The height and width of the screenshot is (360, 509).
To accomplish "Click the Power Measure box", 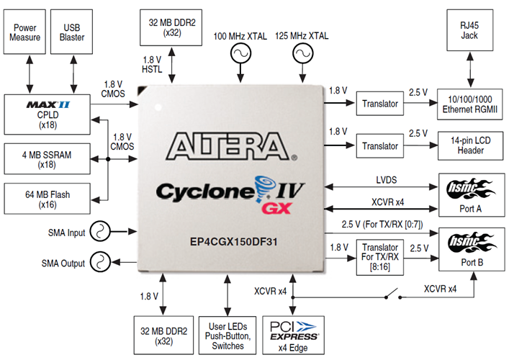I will tap(25, 31).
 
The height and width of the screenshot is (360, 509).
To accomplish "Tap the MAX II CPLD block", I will tap(46, 113).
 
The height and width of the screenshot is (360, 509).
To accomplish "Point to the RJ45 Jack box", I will tap(470, 30).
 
